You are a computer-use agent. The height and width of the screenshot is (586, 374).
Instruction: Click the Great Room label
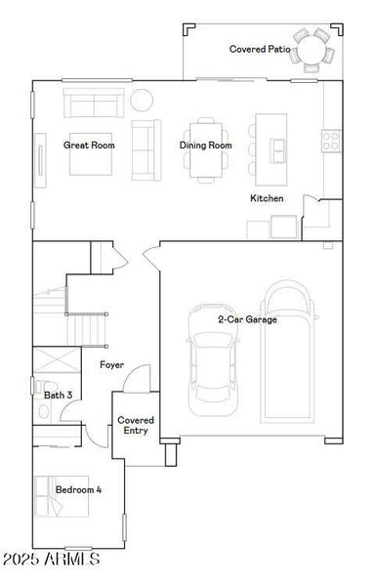pos(89,146)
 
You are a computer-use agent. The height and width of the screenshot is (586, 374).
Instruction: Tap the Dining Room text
pos(205,146)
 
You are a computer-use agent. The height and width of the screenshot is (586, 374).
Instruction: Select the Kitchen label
pos(267,198)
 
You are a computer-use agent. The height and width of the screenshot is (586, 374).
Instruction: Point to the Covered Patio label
pos(261,49)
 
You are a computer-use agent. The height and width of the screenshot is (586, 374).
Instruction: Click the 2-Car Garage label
pos(247,319)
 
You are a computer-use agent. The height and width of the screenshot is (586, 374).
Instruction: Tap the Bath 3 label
pos(58,395)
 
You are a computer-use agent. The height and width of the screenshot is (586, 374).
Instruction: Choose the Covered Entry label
pos(136,425)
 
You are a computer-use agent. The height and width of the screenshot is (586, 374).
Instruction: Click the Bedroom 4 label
pos(78,489)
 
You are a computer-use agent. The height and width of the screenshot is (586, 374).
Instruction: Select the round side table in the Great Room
pos(143,100)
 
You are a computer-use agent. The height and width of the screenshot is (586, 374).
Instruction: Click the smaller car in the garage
pos(212,371)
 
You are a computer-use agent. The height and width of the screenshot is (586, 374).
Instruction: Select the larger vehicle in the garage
pos(288,352)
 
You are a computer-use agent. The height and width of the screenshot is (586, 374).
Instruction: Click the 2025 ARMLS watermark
pos(51,560)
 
